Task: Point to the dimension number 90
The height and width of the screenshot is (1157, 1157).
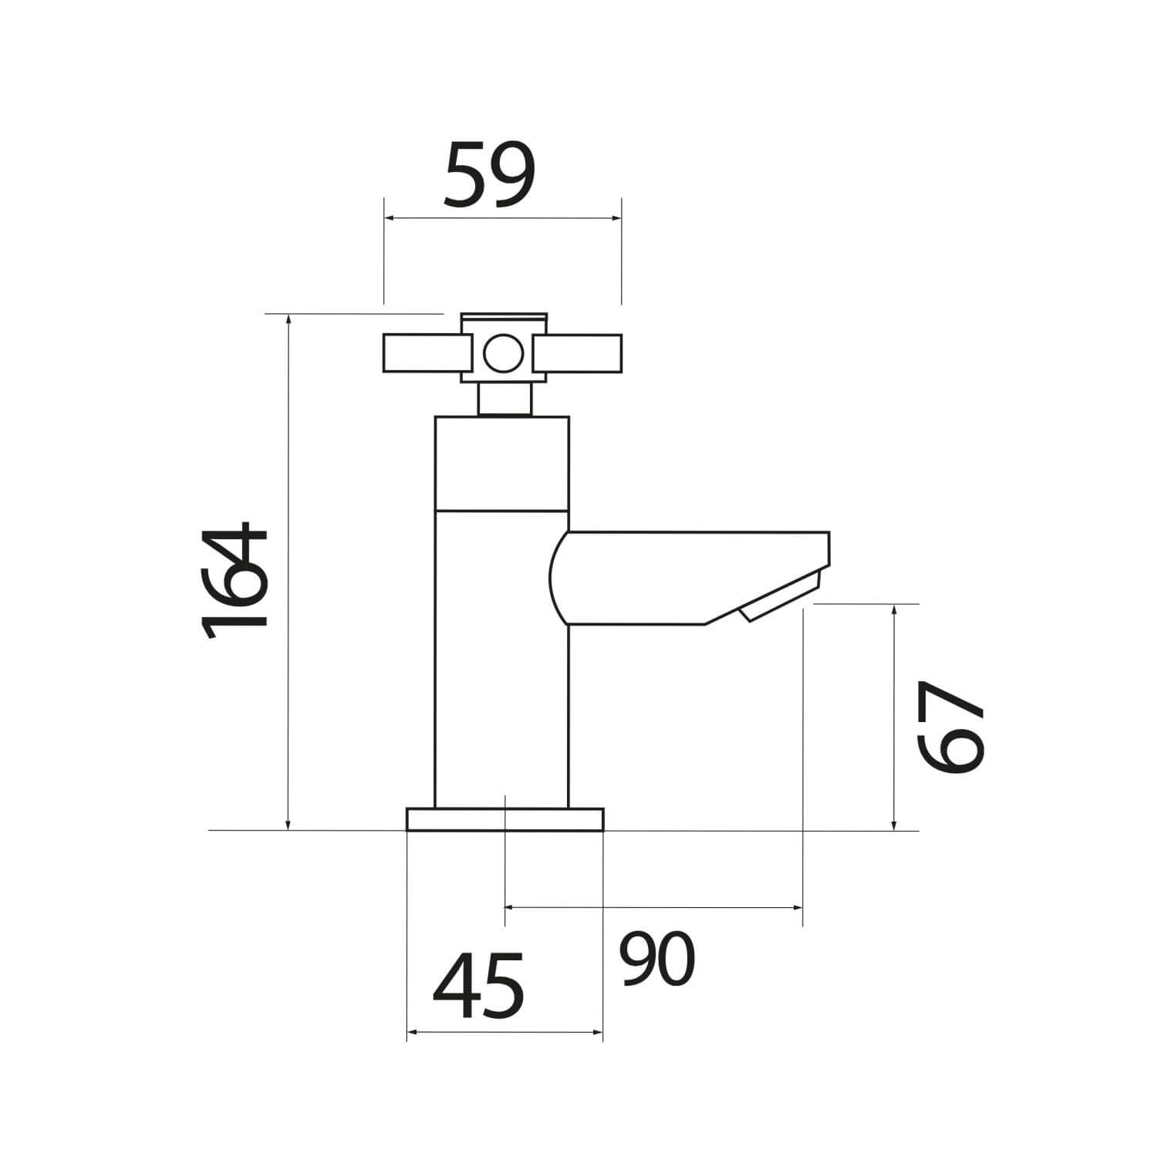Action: (658, 959)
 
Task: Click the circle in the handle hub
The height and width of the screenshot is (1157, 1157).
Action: (504, 354)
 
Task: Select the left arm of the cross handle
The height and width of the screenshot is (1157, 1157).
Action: (422, 354)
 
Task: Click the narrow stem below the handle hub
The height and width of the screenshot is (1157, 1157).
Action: (504, 400)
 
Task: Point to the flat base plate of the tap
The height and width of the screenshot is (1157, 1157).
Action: (504, 819)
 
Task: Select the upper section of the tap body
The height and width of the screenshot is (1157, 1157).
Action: (501, 463)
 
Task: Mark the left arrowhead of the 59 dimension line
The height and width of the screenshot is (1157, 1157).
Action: (388, 219)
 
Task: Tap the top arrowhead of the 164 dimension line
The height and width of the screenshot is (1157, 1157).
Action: (288, 319)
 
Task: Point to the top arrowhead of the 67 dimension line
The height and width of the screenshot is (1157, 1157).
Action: (894, 609)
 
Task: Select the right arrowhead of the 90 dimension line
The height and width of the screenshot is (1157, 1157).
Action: (798, 908)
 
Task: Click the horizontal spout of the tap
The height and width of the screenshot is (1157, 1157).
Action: (694, 575)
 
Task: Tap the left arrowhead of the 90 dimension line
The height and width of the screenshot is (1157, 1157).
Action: (510, 908)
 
